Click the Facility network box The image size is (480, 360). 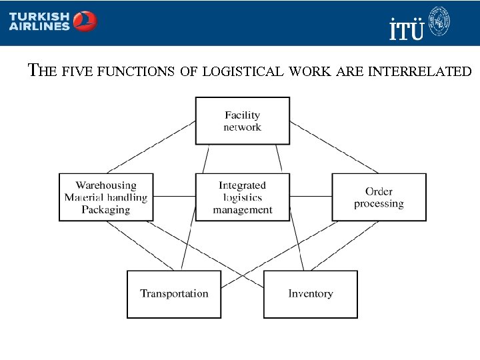click(x=242, y=121)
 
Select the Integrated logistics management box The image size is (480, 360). click(x=243, y=197)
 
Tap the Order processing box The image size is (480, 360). click(x=379, y=197)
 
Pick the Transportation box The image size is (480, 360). click(x=174, y=294)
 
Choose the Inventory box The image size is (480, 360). click(x=311, y=294)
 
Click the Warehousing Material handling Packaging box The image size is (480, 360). click(x=106, y=197)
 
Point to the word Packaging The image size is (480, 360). click(x=106, y=210)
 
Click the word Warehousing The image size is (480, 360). click(x=106, y=185)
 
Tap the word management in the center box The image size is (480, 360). click(x=243, y=210)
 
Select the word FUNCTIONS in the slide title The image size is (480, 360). click(x=137, y=70)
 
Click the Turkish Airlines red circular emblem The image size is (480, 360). click(x=85, y=22)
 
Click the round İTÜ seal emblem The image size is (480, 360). click(x=439, y=21)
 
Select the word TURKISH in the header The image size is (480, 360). click(x=39, y=16)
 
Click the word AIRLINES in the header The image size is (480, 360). click(x=39, y=27)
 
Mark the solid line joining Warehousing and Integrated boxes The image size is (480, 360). click(x=174, y=196)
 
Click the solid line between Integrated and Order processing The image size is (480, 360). click(x=311, y=196)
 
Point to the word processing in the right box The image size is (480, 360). click(x=379, y=204)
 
